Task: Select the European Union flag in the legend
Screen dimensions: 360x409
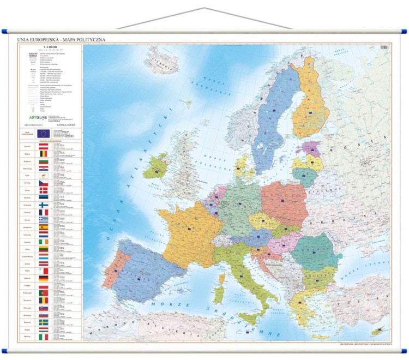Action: click(44, 133)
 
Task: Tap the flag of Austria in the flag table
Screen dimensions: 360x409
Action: click(44, 146)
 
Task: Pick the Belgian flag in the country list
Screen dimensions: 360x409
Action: click(44, 154)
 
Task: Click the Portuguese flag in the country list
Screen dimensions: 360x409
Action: click(44, 293)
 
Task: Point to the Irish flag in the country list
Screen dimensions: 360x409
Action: click(44, 242)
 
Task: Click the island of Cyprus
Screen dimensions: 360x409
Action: click(378, 331)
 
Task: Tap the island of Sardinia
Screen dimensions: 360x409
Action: click(218, 295)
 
